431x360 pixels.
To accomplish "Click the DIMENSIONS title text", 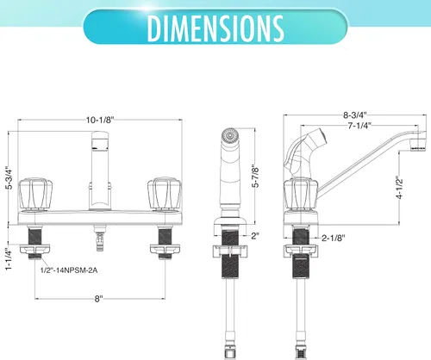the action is coord(215,28).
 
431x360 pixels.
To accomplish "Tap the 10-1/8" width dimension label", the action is coord(100,120).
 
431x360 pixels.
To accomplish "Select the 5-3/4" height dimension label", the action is coord(9,177).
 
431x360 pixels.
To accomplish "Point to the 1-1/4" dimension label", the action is coord(9,258).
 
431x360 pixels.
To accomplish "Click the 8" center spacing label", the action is coord(98,299).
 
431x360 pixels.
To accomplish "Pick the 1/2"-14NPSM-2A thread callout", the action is coord(69,270).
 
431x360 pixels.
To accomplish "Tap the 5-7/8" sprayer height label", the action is coord(255,176).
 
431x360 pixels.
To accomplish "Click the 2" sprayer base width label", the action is coord(255,236).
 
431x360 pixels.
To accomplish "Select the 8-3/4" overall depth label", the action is coord(355,115).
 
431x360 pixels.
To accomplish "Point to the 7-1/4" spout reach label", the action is coord(359,126).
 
